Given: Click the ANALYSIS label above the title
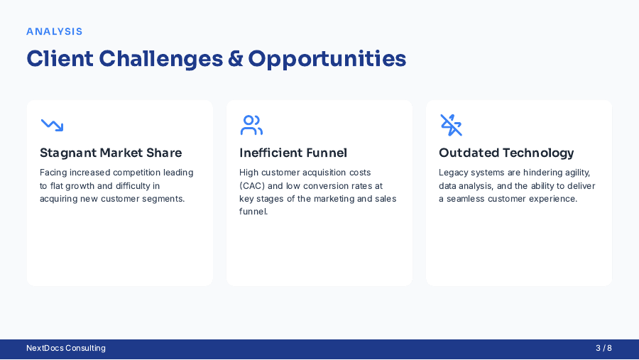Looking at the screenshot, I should point(55,31).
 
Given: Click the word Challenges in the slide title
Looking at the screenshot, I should point(161,59).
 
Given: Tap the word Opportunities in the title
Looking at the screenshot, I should point(327,59).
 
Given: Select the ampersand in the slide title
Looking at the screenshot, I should point(236,59).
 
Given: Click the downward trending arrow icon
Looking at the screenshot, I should point(52,125).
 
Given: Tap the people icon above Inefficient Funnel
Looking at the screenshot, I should point(251,125).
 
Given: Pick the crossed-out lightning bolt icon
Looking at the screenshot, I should point(451,125).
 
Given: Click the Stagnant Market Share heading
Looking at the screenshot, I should point(111,153).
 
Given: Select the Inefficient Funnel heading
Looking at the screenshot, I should point(293,153).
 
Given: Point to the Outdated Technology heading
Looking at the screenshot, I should point(506,153).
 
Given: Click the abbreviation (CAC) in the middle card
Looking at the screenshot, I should point(252,185).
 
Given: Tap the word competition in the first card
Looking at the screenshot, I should point(139,173).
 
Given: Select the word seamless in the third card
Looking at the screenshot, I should point(469,199).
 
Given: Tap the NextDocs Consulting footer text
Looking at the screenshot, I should point(66,348).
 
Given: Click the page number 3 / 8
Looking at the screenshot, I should point(603,348).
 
